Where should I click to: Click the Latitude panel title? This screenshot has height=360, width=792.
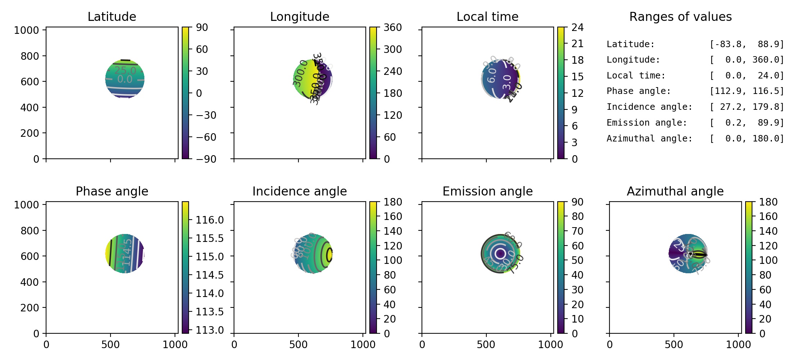[112, 17]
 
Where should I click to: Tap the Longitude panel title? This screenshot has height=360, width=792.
[300, 17]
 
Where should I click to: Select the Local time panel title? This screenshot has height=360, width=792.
[487, 17]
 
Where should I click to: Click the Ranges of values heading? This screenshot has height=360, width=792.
[680, 17]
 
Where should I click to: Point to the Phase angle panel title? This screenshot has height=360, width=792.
[112, 192]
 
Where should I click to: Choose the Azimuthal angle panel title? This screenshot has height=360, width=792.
[675, 192]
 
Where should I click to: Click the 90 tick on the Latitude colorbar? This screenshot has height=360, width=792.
[202, 27]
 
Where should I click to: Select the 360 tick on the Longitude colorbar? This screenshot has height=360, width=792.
[392, 27]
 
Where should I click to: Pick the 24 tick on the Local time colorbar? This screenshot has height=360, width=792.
[577, 27]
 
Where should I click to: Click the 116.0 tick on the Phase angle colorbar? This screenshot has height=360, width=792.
[210, 220]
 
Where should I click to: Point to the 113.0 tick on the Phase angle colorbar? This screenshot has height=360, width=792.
[210, 330]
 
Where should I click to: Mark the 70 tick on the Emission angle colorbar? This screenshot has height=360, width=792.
[577, 231]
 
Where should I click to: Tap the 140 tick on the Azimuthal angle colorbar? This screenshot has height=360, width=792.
[768, 231]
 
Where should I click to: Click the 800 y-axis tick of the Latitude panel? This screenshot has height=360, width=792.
[30, 56]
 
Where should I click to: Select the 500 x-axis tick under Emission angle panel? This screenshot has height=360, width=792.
[486, 345]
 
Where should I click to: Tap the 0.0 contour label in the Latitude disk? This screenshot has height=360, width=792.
[125, 79]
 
